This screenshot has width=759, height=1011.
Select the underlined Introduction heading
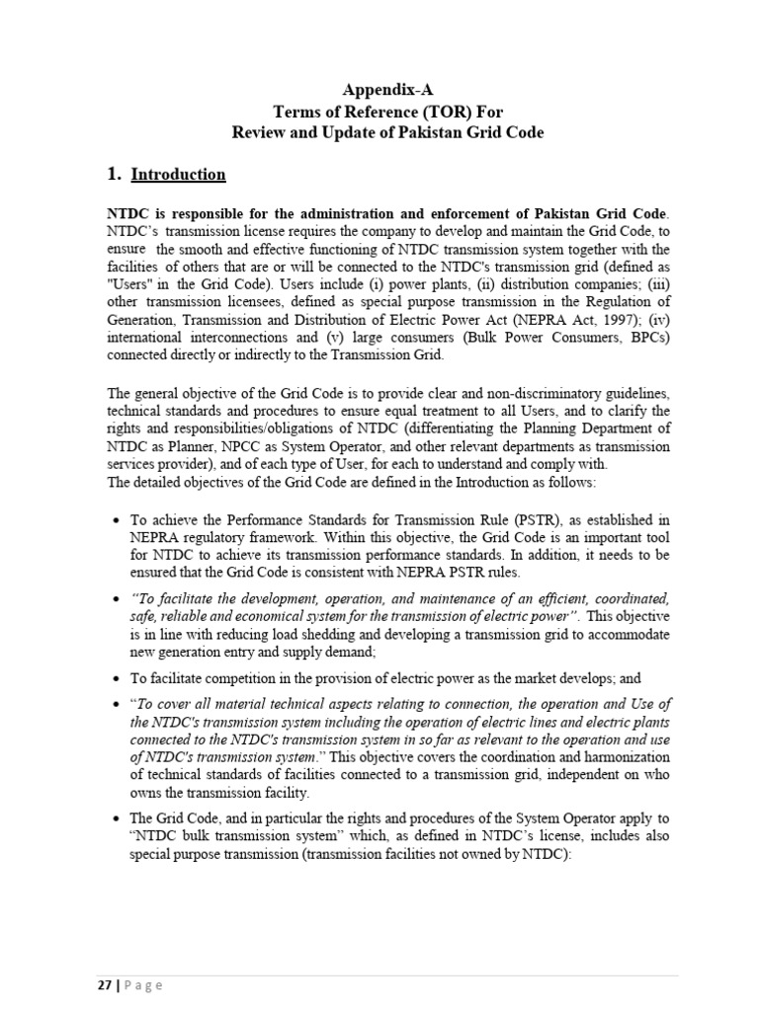click(x=179, y=175)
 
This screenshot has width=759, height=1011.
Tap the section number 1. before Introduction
click(x=114, y=175)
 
